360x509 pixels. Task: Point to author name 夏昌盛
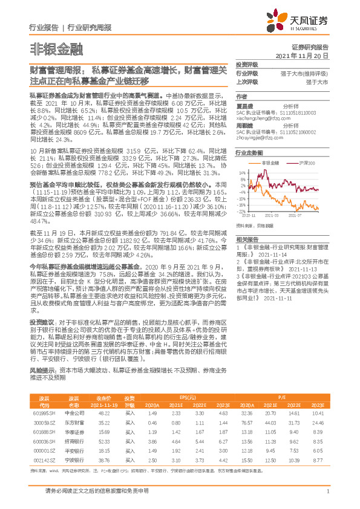pos(245,105)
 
